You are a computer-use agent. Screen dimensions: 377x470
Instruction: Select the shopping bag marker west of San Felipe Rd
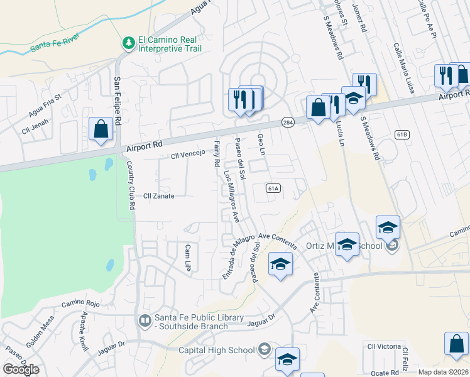pyautogui.click(x=101, y=130)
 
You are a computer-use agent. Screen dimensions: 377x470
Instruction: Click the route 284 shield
pyautogui.click(x=288, y=122)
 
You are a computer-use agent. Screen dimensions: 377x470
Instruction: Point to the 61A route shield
pyautogui.click(x=273, y=188)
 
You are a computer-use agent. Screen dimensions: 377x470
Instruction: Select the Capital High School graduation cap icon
pyautogui.click(x=265, y=350)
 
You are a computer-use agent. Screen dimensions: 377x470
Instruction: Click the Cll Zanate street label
pyautogui.click(x=159, y=196)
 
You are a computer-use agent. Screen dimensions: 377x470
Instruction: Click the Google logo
pyautogui.click(x=21, y=370)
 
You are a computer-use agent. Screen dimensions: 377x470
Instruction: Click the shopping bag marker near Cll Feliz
pyautogui.click(x=456, y=344)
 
